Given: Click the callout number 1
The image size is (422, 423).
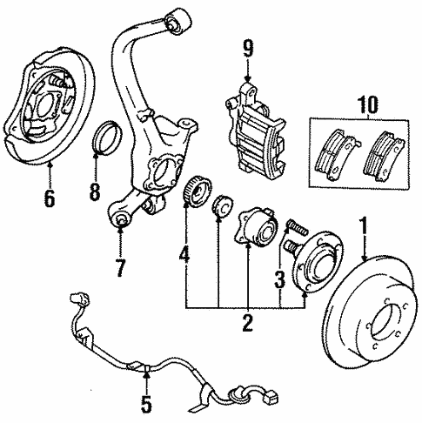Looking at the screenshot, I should pyautogui.click(x=365, y=229).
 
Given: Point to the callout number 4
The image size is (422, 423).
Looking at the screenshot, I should pyautogui.click(x=184, y=257).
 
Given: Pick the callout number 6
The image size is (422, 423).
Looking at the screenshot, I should pyautogui.click(x=49, y=198).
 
